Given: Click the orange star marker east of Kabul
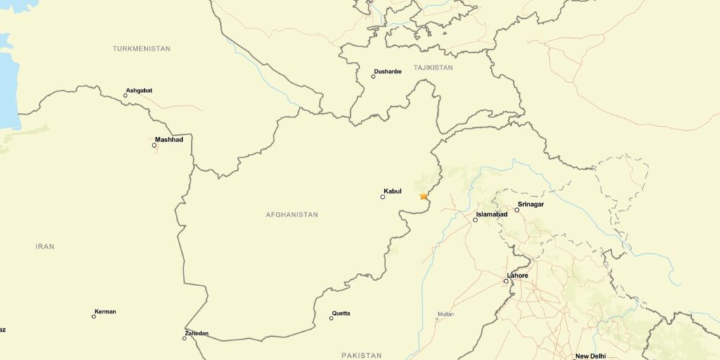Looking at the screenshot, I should [423, 196].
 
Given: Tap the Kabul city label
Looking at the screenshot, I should [392, 191].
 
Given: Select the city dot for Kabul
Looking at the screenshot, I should [382, 197].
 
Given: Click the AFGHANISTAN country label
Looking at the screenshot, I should [292, 214].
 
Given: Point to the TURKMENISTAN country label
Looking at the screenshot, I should [141, 49].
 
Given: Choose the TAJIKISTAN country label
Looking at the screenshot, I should [433, 67].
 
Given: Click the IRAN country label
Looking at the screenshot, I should [45, 247].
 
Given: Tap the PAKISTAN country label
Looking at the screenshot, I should [361, 356].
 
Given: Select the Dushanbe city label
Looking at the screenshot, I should [388, 71].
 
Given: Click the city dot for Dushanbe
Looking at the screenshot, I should [373, 77].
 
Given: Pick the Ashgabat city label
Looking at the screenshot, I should [139, 91].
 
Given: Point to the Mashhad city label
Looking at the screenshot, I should [169, 139].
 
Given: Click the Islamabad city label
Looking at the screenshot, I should [491, 214].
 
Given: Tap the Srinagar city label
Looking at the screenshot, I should [531, 204].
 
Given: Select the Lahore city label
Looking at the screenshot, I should [517, 276].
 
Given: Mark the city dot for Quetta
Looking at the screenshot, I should [331, 319].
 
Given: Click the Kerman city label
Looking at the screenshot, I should [105, 311].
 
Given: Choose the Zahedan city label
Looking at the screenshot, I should [197, 333].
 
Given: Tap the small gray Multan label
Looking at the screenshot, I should [446, 314].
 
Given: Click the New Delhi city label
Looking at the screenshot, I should [591, 356].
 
